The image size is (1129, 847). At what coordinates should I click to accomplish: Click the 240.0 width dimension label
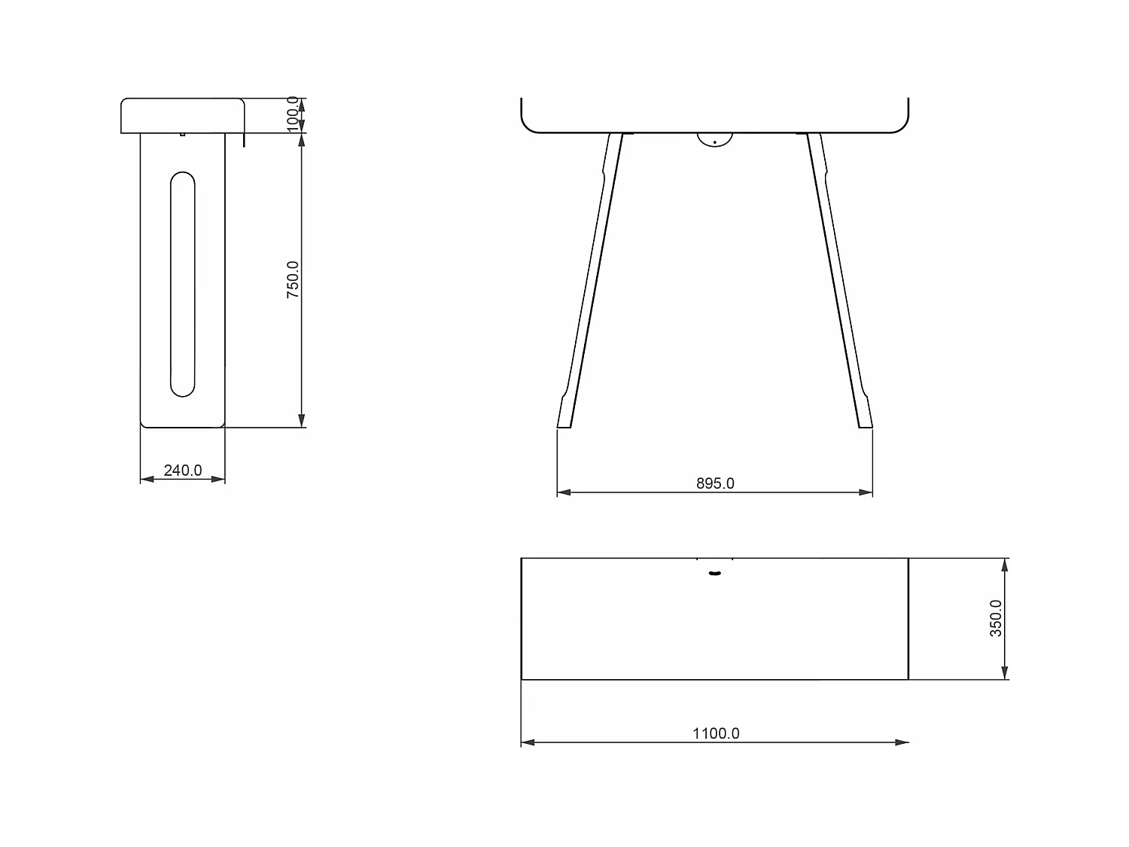[183, 471]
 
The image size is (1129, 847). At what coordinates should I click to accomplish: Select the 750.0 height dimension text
[293, 280]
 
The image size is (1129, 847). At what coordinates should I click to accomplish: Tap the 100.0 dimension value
[293, 114]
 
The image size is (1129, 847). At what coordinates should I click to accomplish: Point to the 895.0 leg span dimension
[714, 483]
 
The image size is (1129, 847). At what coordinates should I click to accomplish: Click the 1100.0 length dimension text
[716, 733]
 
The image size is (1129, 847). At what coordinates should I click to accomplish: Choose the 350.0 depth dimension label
[995, 619]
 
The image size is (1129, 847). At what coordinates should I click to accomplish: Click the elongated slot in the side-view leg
[183, 285]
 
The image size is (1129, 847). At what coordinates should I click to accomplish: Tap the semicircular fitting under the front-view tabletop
[714, 139]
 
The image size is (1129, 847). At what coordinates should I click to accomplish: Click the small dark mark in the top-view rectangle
[714, 574]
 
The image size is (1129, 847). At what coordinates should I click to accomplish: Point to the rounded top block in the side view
[183, 115]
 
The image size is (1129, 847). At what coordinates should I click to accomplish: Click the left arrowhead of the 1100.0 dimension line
[527, 742]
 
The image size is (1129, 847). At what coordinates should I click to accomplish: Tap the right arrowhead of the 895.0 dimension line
[866, 492]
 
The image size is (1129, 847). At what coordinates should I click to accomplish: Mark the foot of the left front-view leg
[564, 422]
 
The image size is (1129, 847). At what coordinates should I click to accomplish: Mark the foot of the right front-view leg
[865, 422]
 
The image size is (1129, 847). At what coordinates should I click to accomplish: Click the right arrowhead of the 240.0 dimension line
[219, 479]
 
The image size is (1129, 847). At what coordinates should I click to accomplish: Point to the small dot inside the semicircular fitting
[714, 142]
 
